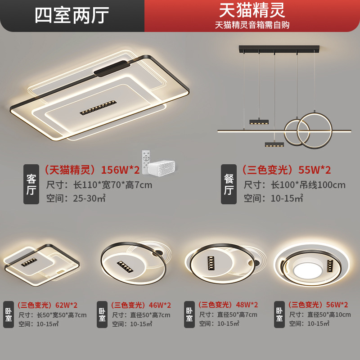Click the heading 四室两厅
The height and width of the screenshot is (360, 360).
coord(72,15)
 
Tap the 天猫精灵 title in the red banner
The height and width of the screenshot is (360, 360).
coord(252,10)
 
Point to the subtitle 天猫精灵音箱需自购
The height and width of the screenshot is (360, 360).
coord(252,25)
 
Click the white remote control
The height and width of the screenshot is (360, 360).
coord(145,162)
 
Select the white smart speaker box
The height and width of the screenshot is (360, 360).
coord(161,166)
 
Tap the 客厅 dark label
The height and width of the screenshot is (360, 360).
coord(31,184)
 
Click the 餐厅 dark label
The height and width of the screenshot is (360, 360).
coord(229,184)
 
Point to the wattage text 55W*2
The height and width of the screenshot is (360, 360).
coord(315,170)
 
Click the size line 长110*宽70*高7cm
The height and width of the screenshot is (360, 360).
coord(99,185)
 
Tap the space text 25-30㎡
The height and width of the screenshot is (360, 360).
coord(88,198)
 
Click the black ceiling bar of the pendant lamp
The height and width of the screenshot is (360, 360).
coord(279,48)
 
